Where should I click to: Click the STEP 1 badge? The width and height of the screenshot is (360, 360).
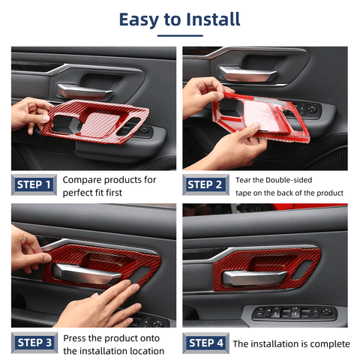(x=34, y=184)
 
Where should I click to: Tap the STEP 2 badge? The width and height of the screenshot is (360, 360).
(x=205, y=184)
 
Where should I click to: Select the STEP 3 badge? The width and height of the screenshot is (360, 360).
(x=34, y=343)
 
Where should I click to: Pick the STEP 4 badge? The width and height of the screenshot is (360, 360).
(x=205, y=343)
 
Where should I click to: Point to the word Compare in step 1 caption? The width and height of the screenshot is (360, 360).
(x=85, y=180)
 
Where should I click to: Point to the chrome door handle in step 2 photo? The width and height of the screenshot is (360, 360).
(x=247, y=73)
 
